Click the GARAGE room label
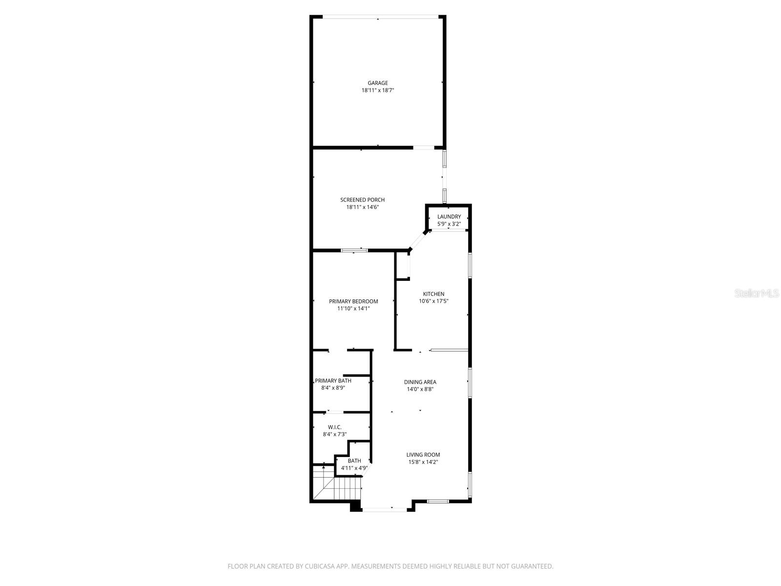coord(378,83)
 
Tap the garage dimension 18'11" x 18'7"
coord(378,90)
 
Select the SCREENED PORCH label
coord(362,200)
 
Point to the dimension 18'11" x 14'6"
coord(362,207)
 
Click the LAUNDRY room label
coord(449,217)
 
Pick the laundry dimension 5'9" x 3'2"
coord(449,224)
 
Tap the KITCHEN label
coord(433,294)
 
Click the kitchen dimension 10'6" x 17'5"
coord(433,301)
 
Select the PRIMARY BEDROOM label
coord(353,301)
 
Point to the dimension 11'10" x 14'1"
coord(353,309)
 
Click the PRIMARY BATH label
coord(333,381)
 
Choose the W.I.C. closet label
coord(335,427)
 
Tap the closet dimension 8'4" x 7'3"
coord(335,434)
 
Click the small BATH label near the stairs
coord(354,461)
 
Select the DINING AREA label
coord(420,382)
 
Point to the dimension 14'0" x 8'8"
coord(420,389)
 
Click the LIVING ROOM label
coord(423,455)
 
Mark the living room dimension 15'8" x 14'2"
coord(423,462)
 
